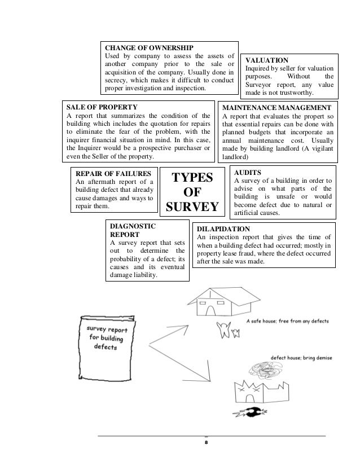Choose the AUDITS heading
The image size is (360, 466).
(247, 172)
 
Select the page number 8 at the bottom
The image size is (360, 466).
(206, 443)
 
